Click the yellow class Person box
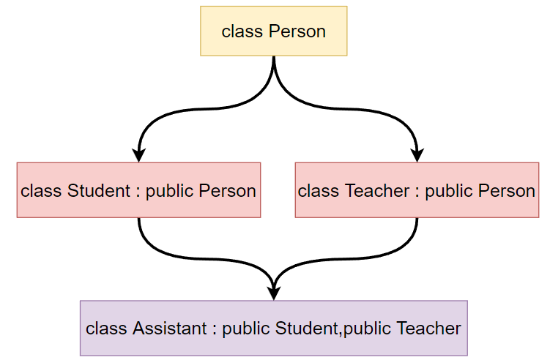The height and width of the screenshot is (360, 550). pyautogui.click(x=274, y=31)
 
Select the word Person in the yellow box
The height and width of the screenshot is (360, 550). pyautogui.click(x=297, y=31)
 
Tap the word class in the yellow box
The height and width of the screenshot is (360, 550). pyautogui.click(x=242, y=31)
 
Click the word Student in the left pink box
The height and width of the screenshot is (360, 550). pyautogui.click(x=99, y=191)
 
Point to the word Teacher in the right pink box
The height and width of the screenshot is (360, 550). pyautogui.click(x=377, y=191)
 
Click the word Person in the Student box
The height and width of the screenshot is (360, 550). pyautogui.click(x=227, y=191)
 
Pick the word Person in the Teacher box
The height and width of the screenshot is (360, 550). pyautogui.click(x=507, y=191)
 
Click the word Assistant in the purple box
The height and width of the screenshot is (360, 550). pyautogui.click(x=170, y=329)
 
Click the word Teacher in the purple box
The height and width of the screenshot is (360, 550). pyautogui.click(x=428, y=329)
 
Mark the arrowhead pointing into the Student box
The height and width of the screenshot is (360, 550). pyautogui.click(x=139, y=154)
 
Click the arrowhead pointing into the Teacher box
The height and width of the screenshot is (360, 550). pyautogui.click(x=417, y=154)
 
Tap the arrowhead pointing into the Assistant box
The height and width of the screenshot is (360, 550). pyautogui.click(x=274, y=293)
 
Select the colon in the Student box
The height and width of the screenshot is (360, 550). pyautogui.click(x=138, y=192)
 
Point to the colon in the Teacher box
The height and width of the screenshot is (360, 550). pyautogui.click(x=417, y=192)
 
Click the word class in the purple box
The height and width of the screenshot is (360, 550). pyautogui.click(x=106, y=329)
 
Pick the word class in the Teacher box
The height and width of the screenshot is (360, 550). pyautogui.click(x=319, y=191)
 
